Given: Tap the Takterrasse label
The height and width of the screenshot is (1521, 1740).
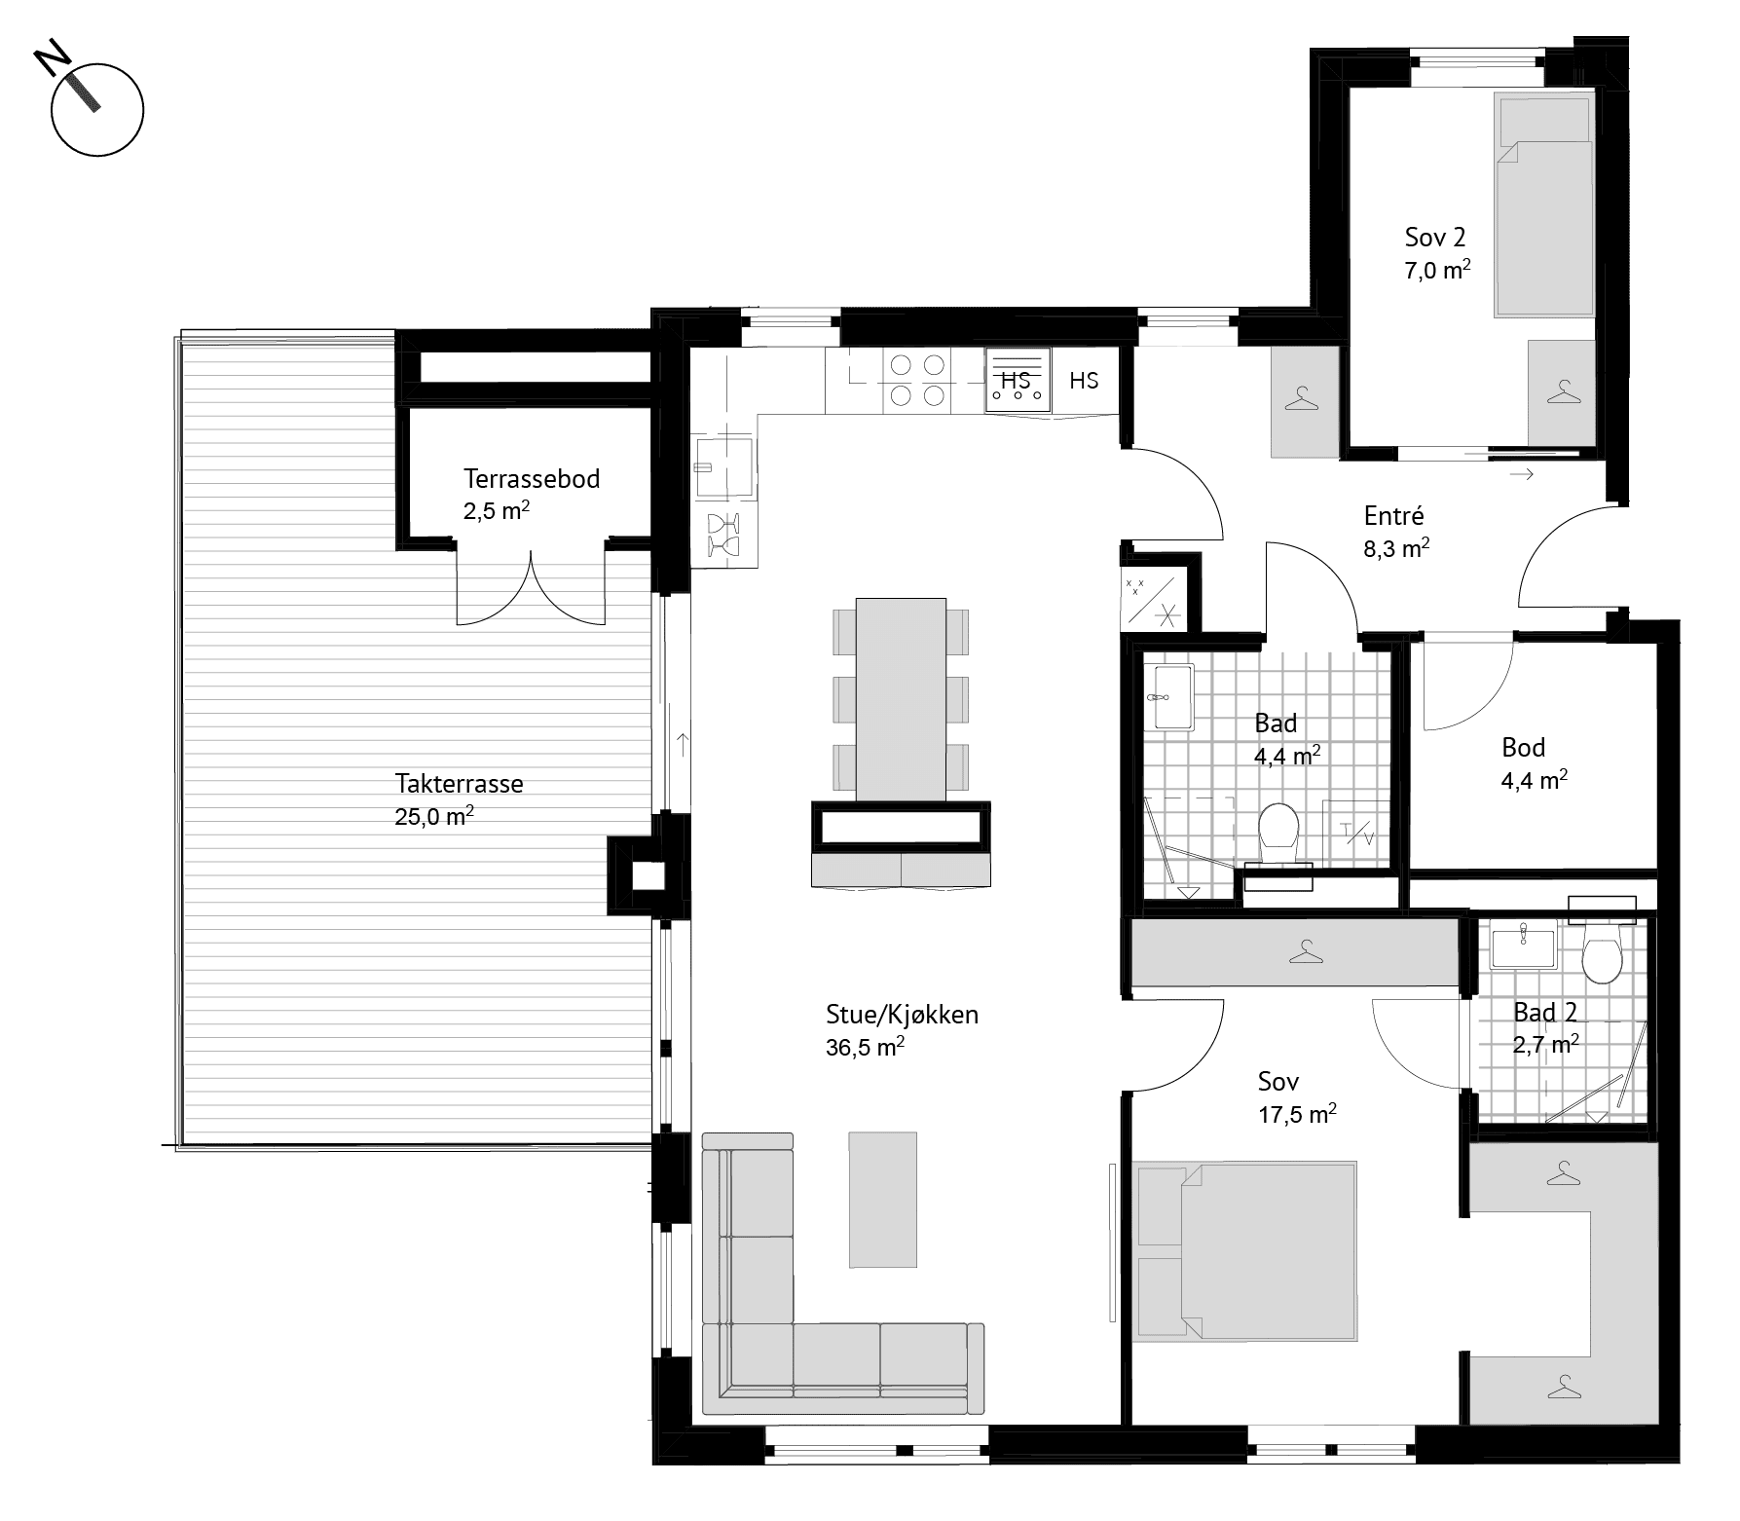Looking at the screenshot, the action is tap(460, 784).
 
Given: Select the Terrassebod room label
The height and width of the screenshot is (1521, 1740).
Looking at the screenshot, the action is tap(532, 479).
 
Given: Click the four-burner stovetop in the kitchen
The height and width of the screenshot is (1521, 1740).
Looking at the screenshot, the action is tap(917, 380).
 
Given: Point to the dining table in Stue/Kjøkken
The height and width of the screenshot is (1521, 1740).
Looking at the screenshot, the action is tap(901, 699).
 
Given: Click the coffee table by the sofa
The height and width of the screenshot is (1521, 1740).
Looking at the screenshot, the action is tap(883, 1200).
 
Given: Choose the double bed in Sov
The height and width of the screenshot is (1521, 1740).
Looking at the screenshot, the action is tap(1246, 1251).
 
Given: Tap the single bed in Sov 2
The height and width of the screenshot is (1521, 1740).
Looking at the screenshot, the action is tap(1543, 204).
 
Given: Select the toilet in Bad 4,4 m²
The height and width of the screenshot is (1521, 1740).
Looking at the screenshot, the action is tap(1278, 832).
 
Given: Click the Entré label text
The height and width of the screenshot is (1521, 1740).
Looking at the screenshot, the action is tap(1394, 516).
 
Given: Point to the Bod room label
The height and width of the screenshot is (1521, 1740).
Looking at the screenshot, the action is tap(1524, 748).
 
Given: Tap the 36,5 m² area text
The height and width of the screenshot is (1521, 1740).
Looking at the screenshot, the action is tap(866, 1048).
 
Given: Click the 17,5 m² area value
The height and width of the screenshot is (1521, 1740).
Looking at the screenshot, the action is tap(1297, 1114).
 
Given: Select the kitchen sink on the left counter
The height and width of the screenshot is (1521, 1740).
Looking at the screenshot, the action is tap(723, 467).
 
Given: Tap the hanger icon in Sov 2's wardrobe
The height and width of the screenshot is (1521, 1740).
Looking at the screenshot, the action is tap(1563, 392).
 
